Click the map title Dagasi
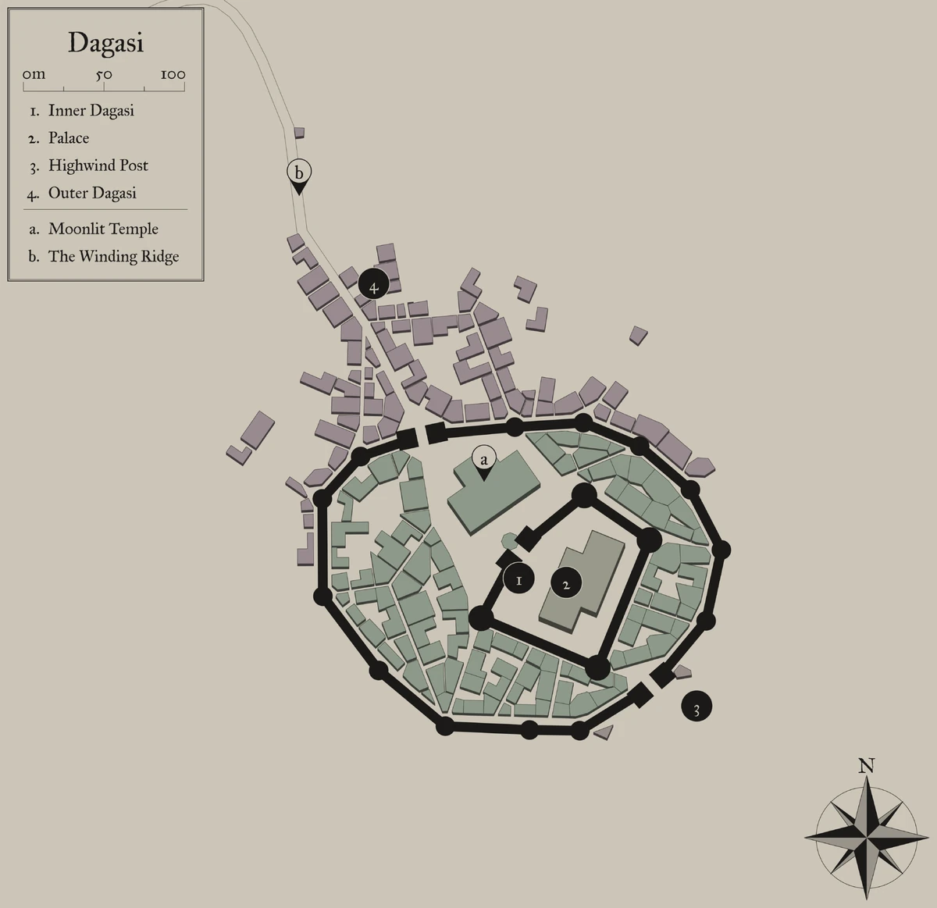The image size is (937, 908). coord(105,43)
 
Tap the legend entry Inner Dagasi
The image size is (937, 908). coord(91,111)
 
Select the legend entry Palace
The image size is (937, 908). coord(69,138)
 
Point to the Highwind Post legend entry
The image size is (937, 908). coord(98,166)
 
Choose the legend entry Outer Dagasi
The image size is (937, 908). coord(92,193)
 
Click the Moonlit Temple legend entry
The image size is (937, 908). coord(103,229)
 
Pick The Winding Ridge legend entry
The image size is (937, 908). coord(113,256)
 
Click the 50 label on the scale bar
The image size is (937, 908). coord(104,75)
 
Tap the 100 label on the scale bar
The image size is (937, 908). coord(173,75)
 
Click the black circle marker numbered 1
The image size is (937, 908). coord(518,580)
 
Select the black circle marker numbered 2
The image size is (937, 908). coord(566,584)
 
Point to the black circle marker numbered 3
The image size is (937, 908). coord(697,708)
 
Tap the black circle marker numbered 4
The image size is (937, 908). coord(374,287)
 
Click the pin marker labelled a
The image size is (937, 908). coord(484,460)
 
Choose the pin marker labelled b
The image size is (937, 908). coord(298,173)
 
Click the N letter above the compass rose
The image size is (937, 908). coord(866,766)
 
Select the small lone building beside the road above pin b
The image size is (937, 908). coord(299,133)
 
